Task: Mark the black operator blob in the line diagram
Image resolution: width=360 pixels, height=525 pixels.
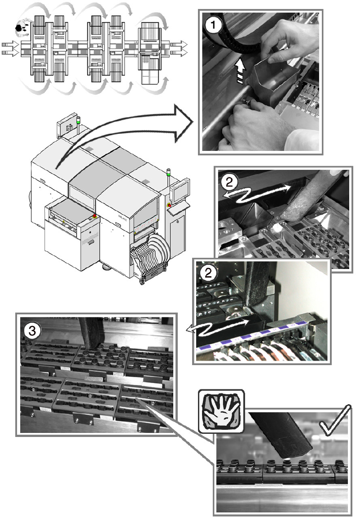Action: (20, 28)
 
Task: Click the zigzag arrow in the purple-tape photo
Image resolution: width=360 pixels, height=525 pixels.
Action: (218, 328)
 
